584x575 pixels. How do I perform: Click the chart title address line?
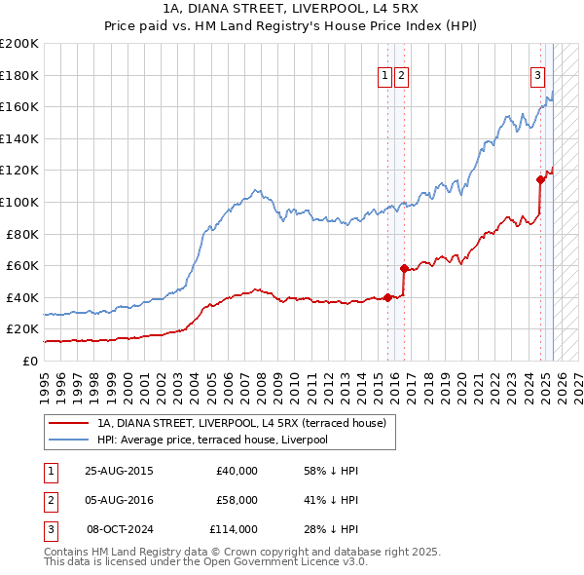292,9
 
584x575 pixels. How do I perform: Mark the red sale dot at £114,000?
540,178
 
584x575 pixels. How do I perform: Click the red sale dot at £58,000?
403,268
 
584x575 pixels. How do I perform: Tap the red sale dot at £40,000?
387,297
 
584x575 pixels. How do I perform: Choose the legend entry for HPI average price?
211,440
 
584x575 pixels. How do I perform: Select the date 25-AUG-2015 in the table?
120,471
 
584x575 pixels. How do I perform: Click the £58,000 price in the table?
237,500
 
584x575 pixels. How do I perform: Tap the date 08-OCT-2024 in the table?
121,529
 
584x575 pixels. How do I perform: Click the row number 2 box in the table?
50,500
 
